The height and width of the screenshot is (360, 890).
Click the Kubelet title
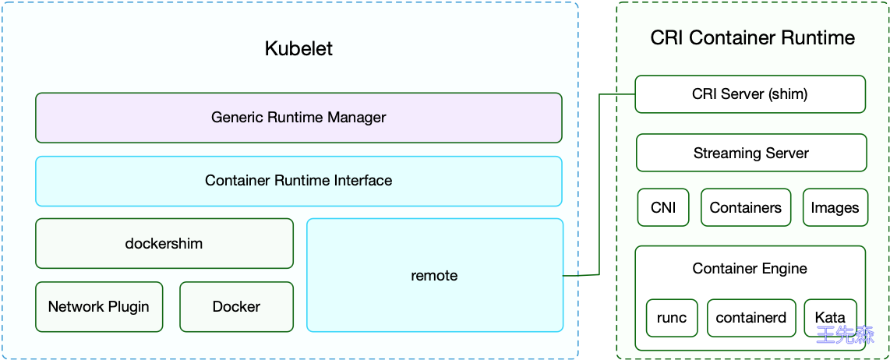click(x=298, y=48)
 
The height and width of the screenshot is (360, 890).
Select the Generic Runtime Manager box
click(x=298, y=118)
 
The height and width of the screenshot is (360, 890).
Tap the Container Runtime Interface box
click(x=298, y=181)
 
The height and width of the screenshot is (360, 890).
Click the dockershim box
click(x=164, y=243)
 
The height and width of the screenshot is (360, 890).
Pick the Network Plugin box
click(x=99, y=306)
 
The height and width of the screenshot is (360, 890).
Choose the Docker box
click(x=236, y=306)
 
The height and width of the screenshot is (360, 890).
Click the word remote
click(x=434, y=276)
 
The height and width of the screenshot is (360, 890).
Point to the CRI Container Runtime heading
click(x=752, y=38)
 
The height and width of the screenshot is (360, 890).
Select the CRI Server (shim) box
click(x=750, y=94)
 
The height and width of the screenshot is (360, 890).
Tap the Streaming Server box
click(x=751, y=153)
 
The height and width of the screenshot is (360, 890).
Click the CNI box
click(x=663, y=208)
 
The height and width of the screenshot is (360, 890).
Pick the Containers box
click(x=746, y=208)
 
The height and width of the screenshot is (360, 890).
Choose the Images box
click(x=835, y=208)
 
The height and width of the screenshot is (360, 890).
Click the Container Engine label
click(x=750, y=269)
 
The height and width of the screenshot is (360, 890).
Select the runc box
click(x=672, y=318)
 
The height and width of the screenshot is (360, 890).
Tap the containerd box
click(x=751, y=318)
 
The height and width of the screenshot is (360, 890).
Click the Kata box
click(x=830, y=318)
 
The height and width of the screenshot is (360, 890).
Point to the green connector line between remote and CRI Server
click(x=599, y=187)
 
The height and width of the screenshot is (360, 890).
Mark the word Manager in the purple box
click(x=357, y=118)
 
